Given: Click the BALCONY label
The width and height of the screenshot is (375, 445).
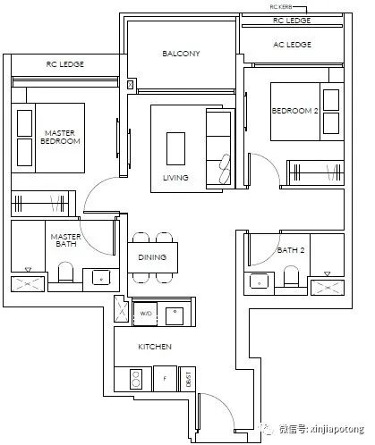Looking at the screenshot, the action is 181,54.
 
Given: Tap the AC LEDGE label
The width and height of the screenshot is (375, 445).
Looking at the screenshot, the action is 292,45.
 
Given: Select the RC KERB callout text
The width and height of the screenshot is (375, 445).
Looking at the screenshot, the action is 281,7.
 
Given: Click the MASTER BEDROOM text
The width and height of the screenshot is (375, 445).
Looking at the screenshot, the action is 60,137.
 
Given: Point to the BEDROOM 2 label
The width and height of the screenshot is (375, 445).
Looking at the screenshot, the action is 294,111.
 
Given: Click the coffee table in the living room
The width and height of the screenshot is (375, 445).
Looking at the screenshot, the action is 175,148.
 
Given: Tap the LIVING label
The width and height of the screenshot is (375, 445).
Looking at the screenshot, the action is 175,178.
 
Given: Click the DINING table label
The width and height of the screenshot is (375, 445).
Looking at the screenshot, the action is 152,257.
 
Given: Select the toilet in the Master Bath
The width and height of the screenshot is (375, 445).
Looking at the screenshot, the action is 65,272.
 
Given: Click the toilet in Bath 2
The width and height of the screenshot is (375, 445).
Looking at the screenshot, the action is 291,276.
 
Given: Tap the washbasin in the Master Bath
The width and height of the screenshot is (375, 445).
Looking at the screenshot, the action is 101,278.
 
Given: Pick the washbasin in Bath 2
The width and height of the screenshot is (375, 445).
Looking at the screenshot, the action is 259,281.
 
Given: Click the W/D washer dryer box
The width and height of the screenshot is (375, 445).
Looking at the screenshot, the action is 145,314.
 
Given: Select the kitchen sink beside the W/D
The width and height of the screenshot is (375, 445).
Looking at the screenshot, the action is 175,316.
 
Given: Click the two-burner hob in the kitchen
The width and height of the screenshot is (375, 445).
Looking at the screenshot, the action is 136,379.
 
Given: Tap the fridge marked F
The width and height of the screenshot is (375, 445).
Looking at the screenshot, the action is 165,379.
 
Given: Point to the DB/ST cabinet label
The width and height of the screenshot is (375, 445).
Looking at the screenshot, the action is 188,379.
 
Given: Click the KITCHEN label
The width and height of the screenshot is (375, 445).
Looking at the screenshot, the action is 155,347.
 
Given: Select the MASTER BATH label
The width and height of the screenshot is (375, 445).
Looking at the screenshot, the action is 66,240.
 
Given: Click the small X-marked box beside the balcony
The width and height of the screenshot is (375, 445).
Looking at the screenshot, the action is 130,85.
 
